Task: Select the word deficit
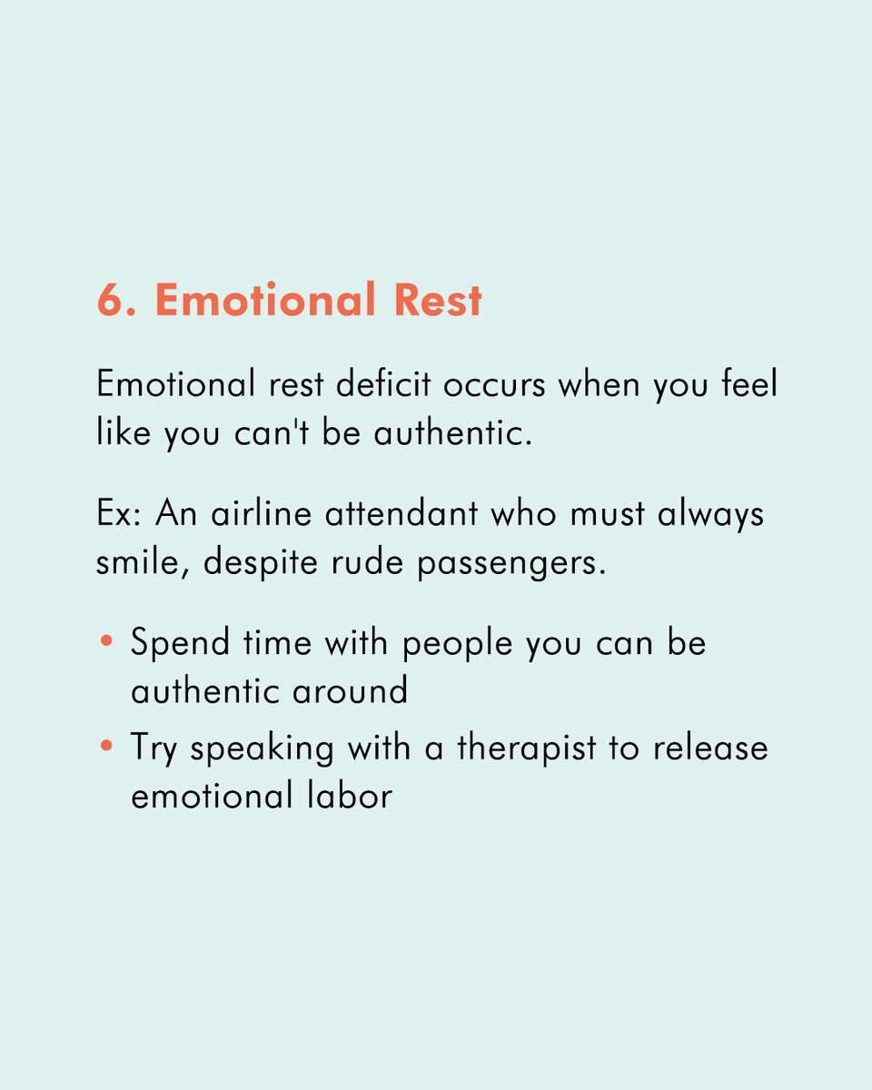tap(384, 384)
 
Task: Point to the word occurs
tap(494, 384)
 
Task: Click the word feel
tap(747, 384)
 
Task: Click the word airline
tap(258, 514)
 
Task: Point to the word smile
tap(143, 563)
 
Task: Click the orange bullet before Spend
tap(107, 642)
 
